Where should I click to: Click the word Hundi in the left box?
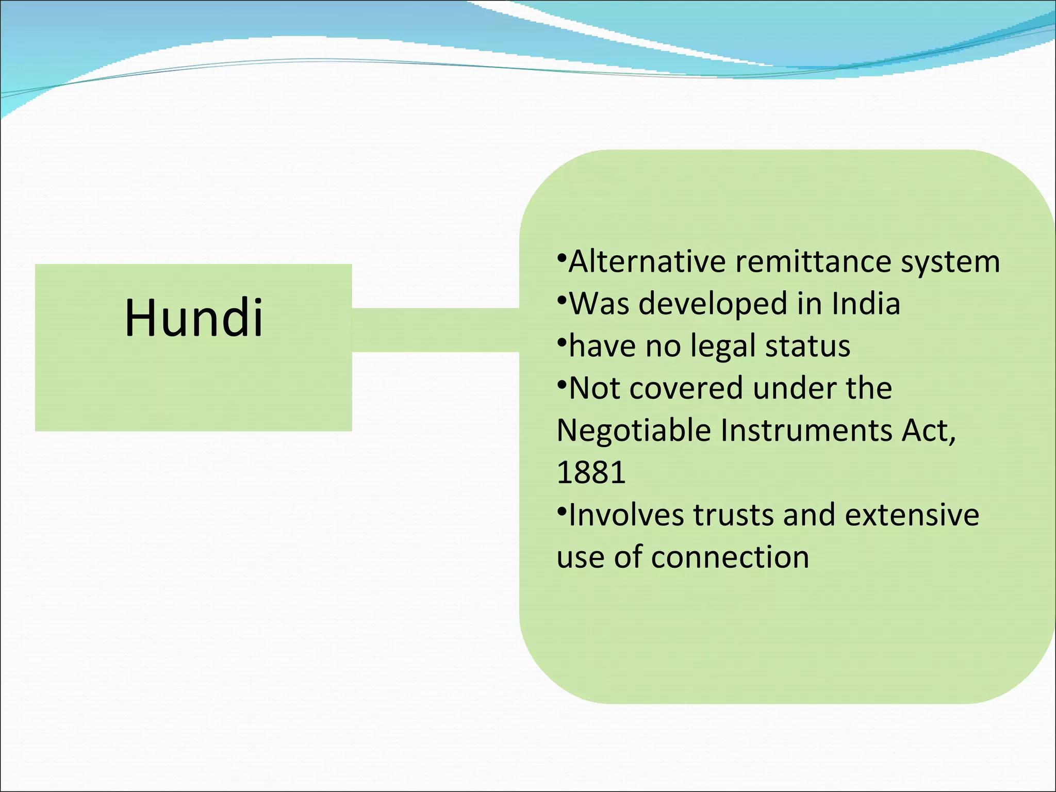click(x=194, y=318)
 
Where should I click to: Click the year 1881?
click(x=591, y=472)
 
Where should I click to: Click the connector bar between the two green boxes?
click(x=436, y=330)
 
